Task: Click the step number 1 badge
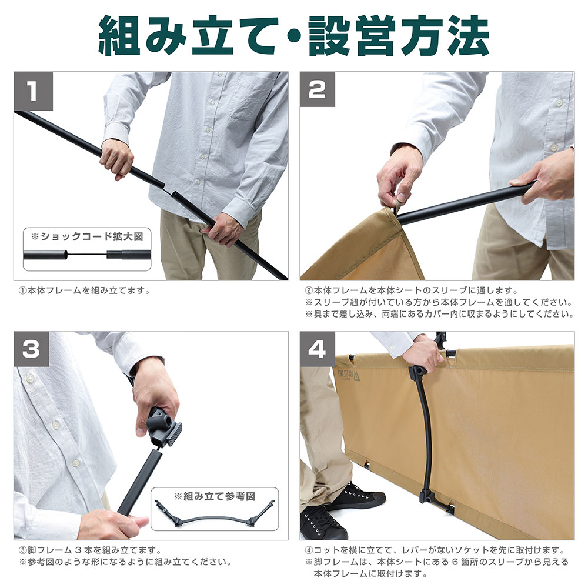pos(34,91)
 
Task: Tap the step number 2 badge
pos(318,89)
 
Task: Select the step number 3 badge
pos(32,349)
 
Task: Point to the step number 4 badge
pos(318,349)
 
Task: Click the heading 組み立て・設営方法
pos(294,36)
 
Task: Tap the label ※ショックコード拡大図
pos(87,236)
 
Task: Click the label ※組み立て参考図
pos(215,496)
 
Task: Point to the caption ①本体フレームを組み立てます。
pos(85,290)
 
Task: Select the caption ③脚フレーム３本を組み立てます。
pos(91,550)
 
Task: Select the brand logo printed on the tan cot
pos(349,375)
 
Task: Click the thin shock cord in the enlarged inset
pos(87,255)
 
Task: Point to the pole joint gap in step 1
pos(168,190)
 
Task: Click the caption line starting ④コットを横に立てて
pos(435,550)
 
